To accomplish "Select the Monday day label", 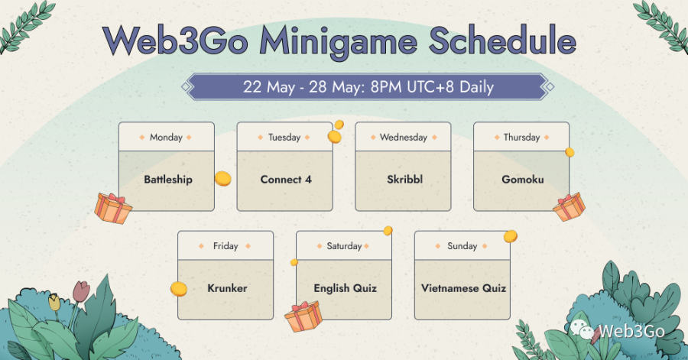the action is [166, 138].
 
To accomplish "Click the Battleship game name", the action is [168, 180].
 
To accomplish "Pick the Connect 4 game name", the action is [286, 180].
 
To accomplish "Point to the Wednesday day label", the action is [403, 138].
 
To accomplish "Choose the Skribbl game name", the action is [404, 180].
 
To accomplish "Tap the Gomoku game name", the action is [523, 180].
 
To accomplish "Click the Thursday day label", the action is [521, 138].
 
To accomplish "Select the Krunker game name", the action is [227, 288].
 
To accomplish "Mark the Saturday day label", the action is [344, 246].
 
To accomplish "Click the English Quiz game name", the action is [346, 288].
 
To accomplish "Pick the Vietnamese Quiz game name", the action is [463, 288].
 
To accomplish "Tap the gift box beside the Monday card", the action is [113, 209].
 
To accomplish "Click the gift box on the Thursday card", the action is [569, 206].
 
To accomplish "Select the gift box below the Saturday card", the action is [303, 316].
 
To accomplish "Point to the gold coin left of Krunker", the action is [179, 289].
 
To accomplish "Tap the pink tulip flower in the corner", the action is [82, 291].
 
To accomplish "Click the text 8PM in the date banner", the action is [386, 87].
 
